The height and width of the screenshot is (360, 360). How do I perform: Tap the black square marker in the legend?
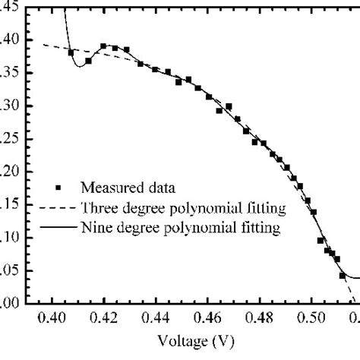49,184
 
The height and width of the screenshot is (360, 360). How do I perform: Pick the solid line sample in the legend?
51,226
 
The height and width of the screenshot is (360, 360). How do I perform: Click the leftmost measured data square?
71,52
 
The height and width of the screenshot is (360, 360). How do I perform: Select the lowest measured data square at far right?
343,275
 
